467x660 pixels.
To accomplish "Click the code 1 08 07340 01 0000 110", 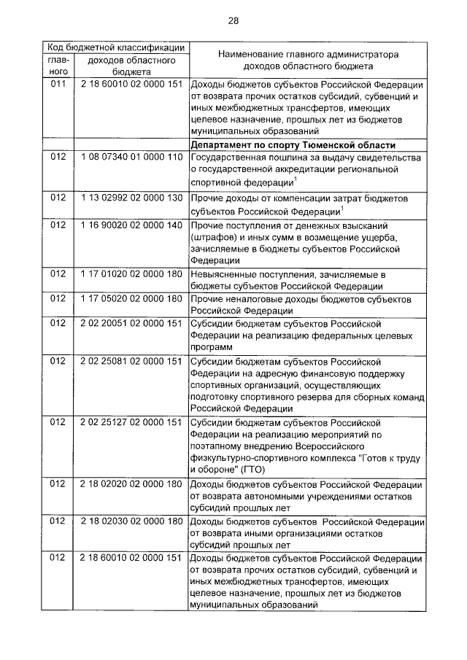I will pos(131,158).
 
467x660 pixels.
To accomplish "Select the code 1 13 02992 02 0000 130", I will pos(131,198).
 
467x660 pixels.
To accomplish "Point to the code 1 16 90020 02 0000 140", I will pos(131,225).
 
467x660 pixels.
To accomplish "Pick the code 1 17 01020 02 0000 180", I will pos(131,274).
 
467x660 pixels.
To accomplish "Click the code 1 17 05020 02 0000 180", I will pos(131,299).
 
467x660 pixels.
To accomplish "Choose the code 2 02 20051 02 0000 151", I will pos(131,323).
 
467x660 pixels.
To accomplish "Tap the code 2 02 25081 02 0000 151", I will pos(131,361).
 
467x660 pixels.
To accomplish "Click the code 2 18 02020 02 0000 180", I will pos(131,484).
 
